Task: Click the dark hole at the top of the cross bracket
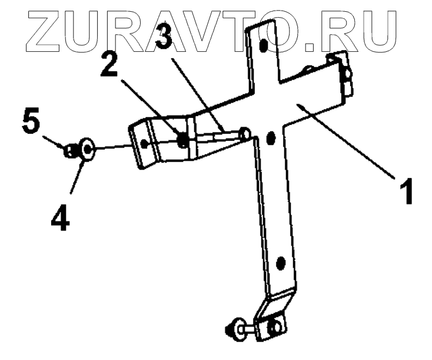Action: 264,45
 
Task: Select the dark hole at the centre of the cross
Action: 271,138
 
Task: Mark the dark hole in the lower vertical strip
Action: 280,262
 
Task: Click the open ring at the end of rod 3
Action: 245,135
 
